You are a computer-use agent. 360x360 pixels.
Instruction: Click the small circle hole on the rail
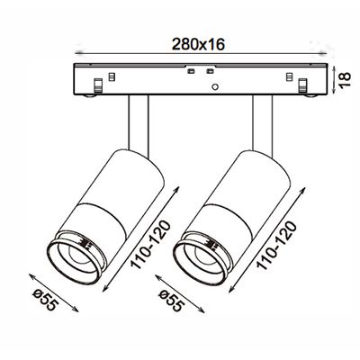(216, 87)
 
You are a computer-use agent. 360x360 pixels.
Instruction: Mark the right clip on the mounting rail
(305, 86)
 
